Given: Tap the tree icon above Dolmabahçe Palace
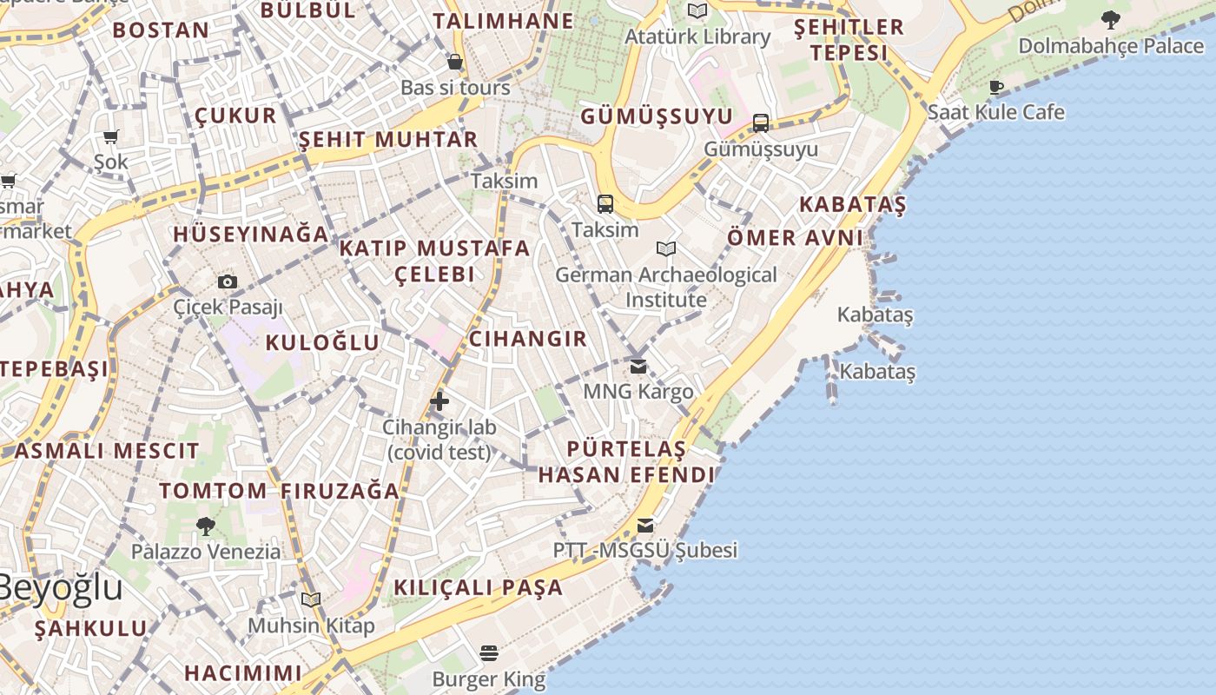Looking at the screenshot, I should pos(1110,19).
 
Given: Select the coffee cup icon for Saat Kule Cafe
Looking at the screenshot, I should pos(996,88).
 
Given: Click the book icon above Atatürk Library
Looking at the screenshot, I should pos(697,11).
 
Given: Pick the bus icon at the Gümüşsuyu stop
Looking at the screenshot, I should pos(761,123).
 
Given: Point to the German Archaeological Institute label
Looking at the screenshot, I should pos(666,288).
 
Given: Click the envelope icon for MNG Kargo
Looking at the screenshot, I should pos(638,367).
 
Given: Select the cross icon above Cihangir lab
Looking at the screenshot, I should pos(439,401).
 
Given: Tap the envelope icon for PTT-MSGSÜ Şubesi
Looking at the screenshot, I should pos(644,526).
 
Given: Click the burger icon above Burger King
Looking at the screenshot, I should pos(489,653).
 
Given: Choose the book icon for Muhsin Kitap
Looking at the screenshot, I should pos(311,600).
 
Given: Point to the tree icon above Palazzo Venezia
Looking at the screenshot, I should pos(206,526).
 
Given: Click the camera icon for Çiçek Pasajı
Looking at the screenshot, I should pos(228,281).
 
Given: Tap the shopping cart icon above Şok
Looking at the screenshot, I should pos(111,136).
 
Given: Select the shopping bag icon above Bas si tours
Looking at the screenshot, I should pos(454,62).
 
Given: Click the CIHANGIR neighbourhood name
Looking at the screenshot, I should pos(528,339).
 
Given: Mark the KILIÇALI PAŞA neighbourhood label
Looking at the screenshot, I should pos(479,587).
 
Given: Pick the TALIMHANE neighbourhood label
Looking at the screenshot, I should pos(503,21).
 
